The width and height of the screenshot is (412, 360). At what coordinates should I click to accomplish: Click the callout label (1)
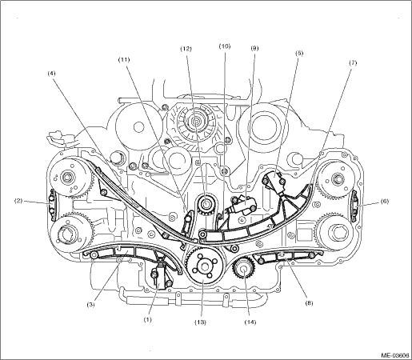click(x=147, y=319)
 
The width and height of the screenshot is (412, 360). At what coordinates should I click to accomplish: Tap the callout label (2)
click(x=18, y=201)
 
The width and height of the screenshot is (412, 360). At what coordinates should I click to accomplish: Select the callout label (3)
click(x=91, y=305)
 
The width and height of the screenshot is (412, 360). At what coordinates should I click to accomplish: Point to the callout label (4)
click(x=51, y=74)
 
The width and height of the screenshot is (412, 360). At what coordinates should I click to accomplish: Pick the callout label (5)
click(x=299, y=53)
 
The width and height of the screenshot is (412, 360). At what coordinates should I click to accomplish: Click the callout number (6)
click(x=384, y=202)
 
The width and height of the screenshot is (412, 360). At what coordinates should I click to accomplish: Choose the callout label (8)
click(x=309, y=303)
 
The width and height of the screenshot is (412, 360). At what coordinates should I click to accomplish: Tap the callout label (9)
click(x=254, y=48)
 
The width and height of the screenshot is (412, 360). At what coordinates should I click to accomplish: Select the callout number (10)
click(x=225, y=46)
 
